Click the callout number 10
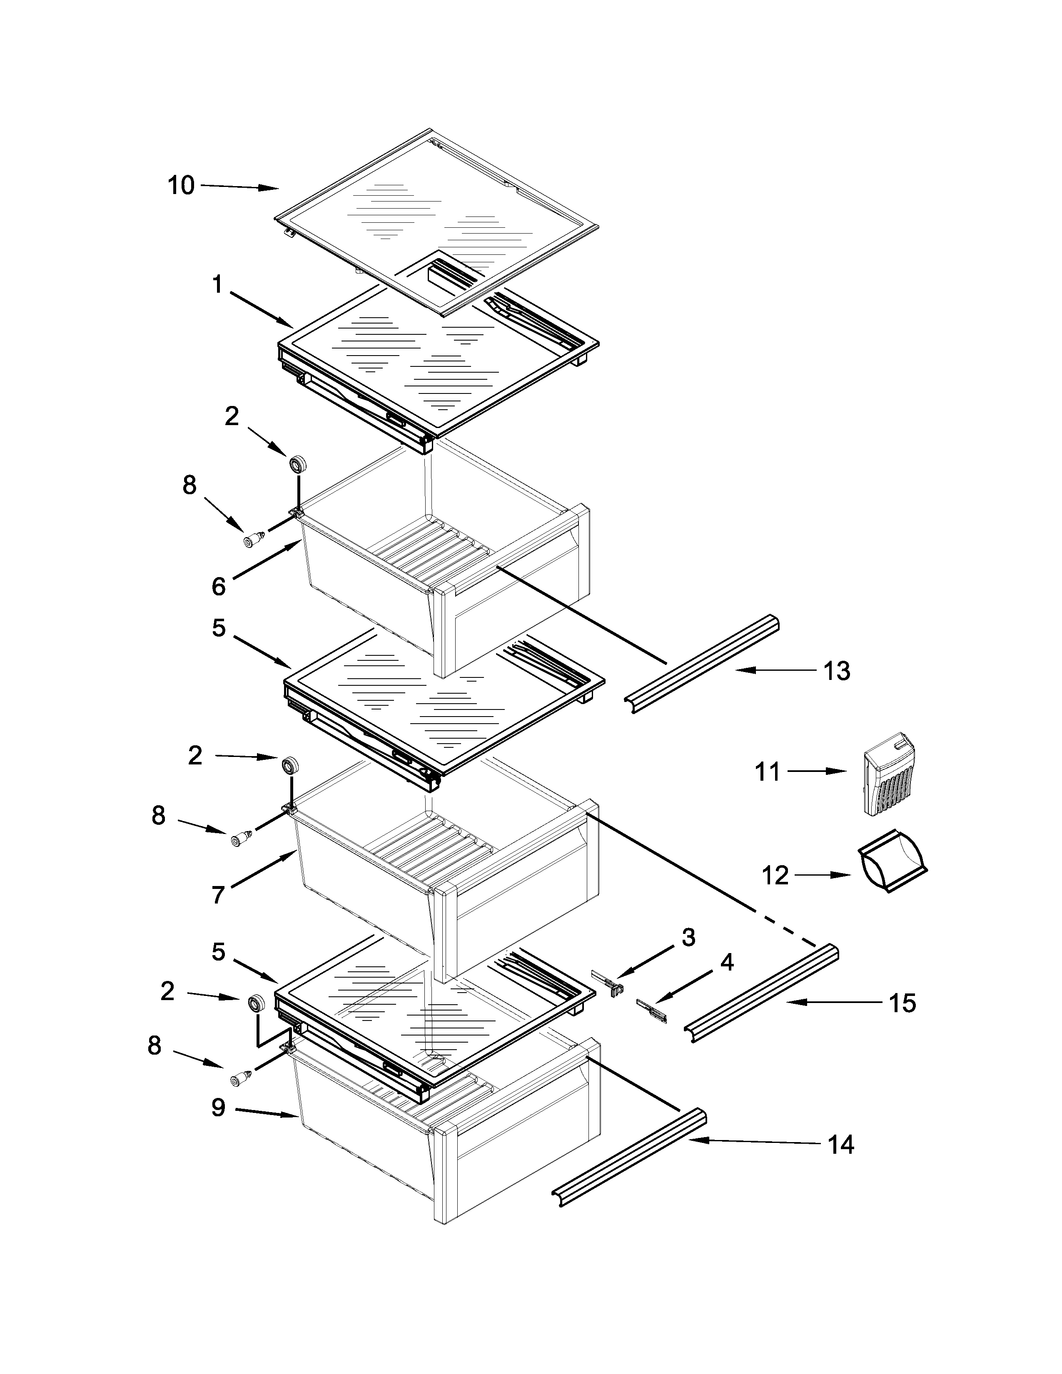(181, 186)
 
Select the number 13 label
(837, 671)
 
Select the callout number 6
(218, 586)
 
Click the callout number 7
(218, 895)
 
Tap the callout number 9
(218, 1107)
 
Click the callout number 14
(840, 1144)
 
